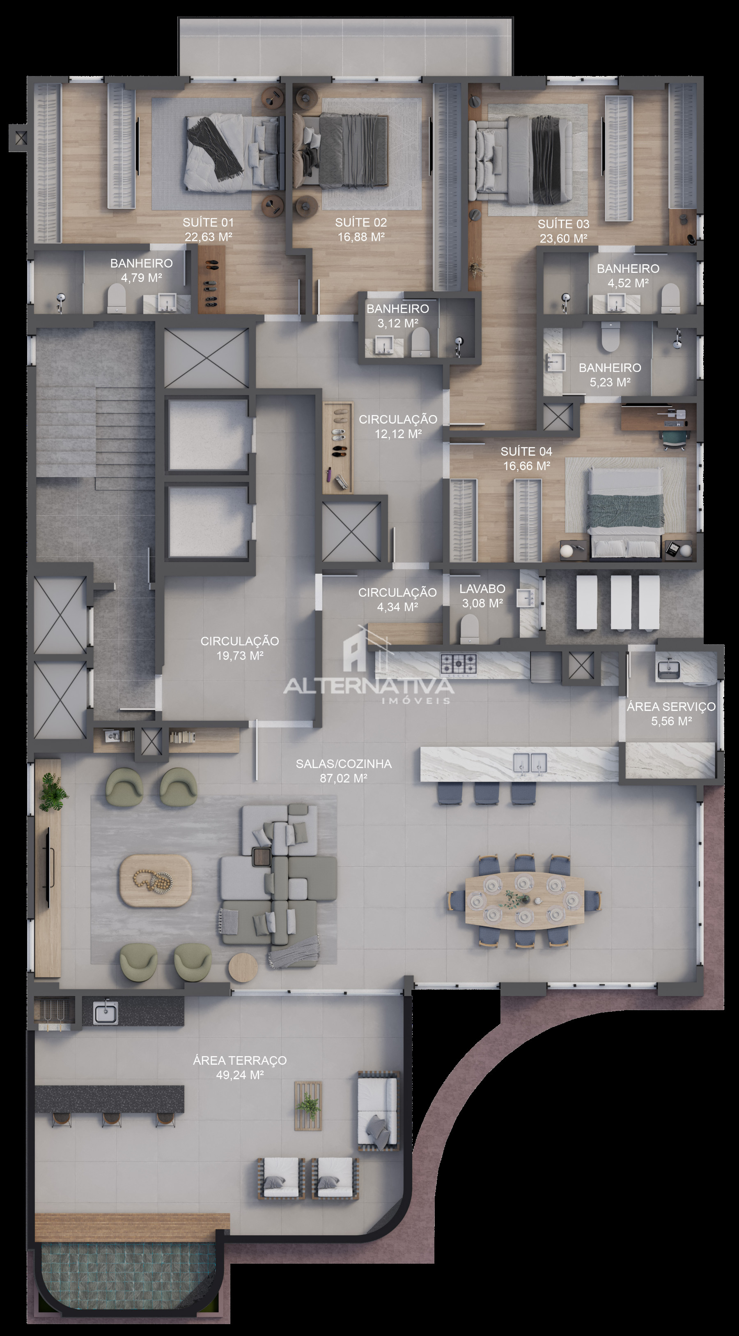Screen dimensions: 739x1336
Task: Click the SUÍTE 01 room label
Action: coord(208,222)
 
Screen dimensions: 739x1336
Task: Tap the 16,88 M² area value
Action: coord(361,237)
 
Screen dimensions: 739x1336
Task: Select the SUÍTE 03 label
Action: coord(563,224)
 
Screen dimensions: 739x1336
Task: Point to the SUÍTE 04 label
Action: coord(526,451)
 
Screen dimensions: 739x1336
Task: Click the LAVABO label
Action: coord(482,588)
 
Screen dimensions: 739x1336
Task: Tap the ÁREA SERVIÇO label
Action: coord(671,706)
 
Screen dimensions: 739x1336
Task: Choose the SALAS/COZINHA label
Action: coord(344,764)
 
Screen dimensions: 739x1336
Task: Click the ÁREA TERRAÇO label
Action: coord(239,1061)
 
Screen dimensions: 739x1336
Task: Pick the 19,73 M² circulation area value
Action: coord(239,655)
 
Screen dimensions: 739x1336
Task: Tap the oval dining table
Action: coord(524,899)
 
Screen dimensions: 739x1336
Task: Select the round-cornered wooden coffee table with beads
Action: coord(156,881)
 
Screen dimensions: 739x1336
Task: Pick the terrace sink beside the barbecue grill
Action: coord(105,1012)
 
